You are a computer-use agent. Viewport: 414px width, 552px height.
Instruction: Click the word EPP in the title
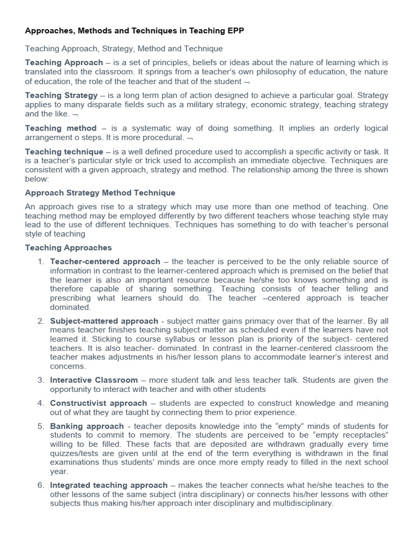(235, 31)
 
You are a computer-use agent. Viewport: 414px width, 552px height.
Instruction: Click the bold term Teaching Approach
(64, 63)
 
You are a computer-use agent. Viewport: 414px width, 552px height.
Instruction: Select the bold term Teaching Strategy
(61, 95)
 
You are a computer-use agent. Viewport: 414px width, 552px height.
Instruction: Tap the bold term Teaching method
(61, 128)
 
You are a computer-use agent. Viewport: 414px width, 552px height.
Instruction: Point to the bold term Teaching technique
(64, 152)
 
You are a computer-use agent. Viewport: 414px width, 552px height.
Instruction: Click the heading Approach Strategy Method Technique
(100, 193)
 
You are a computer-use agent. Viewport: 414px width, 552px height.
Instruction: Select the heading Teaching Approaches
(68, 248)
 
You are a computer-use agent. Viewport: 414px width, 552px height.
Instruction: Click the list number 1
(40, 262)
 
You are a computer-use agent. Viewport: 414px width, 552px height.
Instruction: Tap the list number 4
(40, 403)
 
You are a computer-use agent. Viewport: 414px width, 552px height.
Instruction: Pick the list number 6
(40, 485)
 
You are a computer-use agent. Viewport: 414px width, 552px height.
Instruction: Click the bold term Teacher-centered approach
(105, 262)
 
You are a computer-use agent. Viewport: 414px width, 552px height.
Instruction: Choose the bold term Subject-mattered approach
(104, 321)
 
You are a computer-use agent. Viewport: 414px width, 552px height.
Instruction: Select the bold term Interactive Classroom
(94, 380)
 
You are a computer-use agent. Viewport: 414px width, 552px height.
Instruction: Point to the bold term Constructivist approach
(99, 403)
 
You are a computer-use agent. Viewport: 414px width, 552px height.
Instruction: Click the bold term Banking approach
(79, 426)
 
